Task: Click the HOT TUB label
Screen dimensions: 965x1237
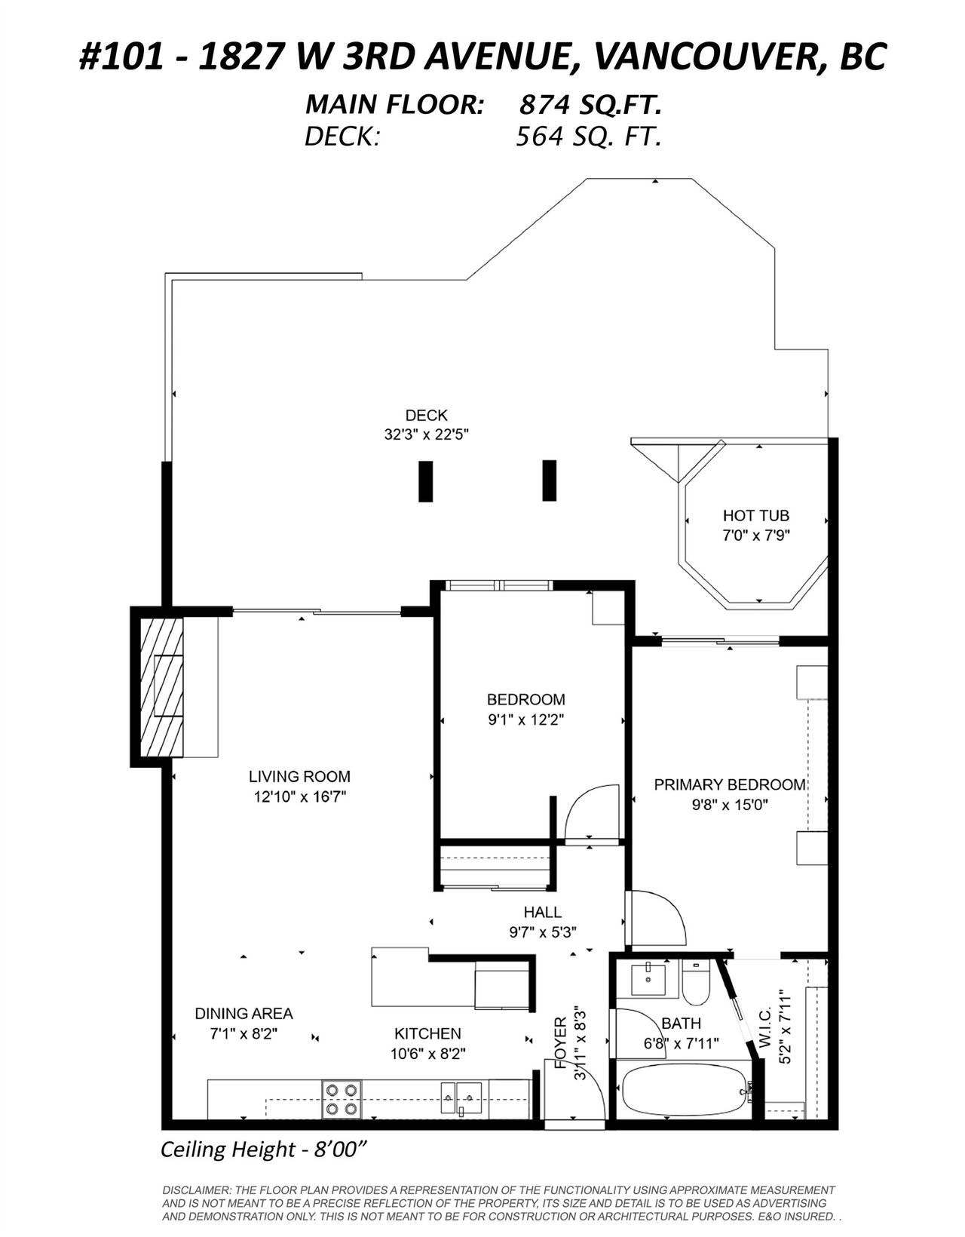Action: point(755,516)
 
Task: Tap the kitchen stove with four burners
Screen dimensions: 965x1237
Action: point(342,1099)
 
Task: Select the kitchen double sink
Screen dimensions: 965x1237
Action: point(461,1098)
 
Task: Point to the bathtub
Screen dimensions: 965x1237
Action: point(685,1092)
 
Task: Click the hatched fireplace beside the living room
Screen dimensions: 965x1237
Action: point(161,687)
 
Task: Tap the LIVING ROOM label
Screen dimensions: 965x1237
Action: point(299,776)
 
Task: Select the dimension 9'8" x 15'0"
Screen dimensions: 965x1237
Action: point(730,805)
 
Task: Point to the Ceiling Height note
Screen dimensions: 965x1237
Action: point(262,1150)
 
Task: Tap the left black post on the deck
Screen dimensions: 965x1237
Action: point(426,481)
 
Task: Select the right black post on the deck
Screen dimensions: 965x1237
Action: point(549,480)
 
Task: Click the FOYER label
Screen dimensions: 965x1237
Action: point(560,1042)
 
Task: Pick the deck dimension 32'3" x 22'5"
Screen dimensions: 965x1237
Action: point(426,435)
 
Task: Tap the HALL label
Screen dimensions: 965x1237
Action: point(543,912)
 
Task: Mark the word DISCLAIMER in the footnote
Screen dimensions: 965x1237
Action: point(195,1190)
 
